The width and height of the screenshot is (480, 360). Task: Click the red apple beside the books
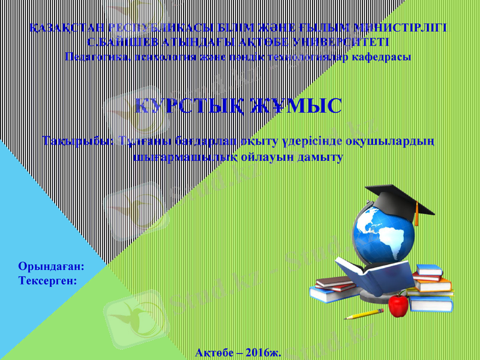click(398, 305)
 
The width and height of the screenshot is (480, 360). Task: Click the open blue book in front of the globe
click(366, 274)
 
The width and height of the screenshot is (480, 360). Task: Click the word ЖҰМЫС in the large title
click(298, 107)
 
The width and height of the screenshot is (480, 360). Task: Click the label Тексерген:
click(47, 280)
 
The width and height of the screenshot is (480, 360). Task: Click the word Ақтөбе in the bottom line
click(215, 352)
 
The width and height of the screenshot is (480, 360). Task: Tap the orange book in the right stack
click(434, 286)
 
